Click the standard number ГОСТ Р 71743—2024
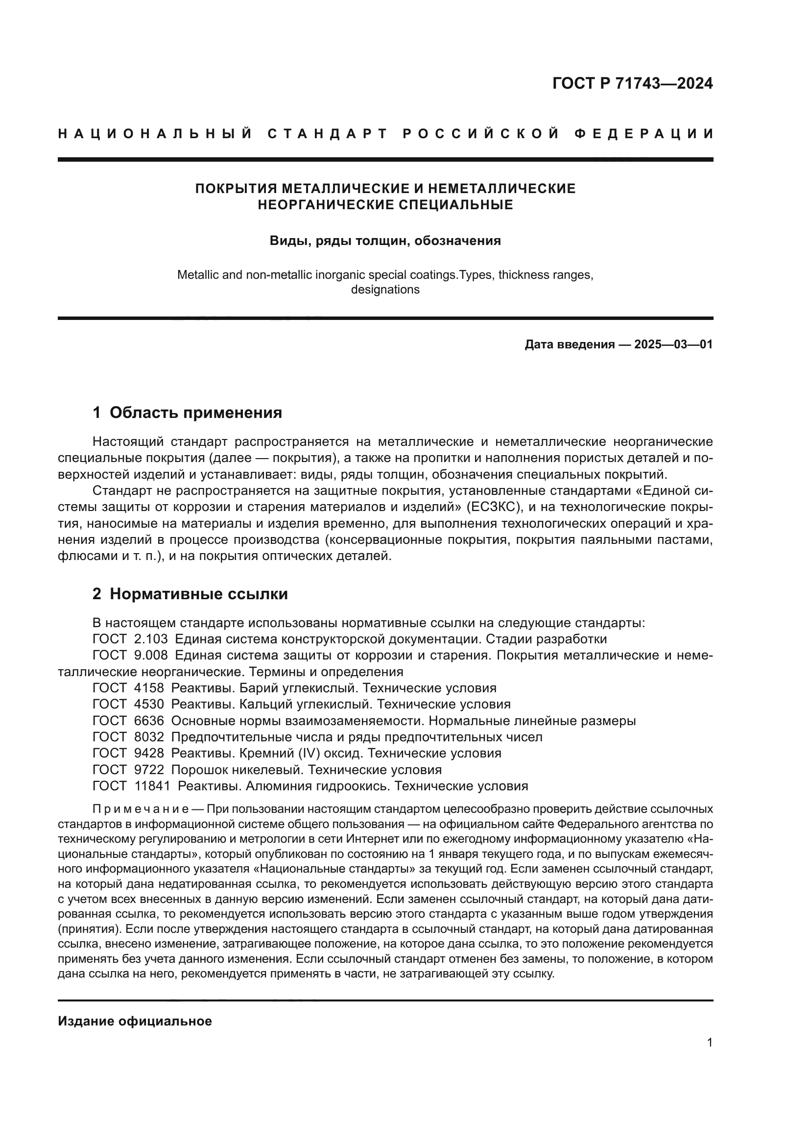pyautogui.click(x=632, y=83)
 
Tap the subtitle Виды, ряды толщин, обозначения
pyautogui.click(x=385, y=241)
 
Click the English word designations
pyautogui.click(x=385, y=290)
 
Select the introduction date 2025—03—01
pyautogui.click(x=673, y=344)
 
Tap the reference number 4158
pyautogui.click(x=149, y=688)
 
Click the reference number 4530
pyautogui.click(x=149, y=704)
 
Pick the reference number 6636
pyautogui.click(x=149, y=721)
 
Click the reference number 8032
pyautogui.click(x=149, y=737)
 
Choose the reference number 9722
pyautogui.click(x=149, y=770)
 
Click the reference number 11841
pyautogui.click(x=152, y=786)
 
